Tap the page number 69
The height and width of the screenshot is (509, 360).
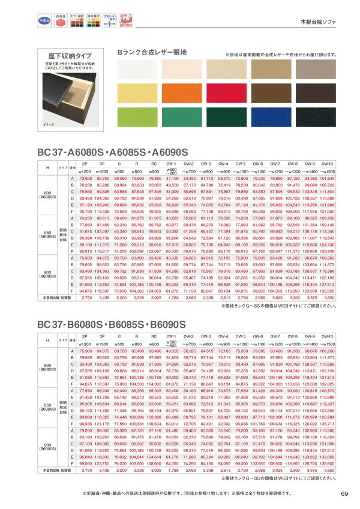tap(344, 493)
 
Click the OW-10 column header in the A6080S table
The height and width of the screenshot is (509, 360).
tap(328, 162)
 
